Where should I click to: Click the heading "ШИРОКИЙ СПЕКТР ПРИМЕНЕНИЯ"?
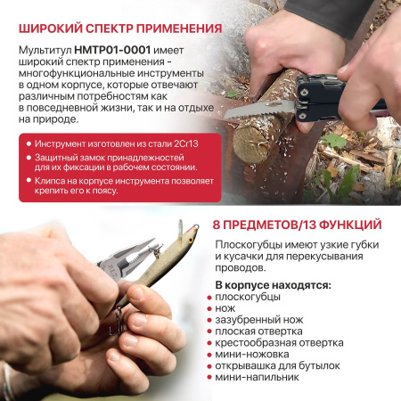tap(120, 29)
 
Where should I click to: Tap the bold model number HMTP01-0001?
tap(112, 50)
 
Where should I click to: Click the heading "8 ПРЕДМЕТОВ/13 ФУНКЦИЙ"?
tap(297, 225)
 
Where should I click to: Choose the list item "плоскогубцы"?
tap(248, 297)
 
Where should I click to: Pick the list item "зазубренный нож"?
tap(259, 320)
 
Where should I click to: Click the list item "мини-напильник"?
tap(257, 377)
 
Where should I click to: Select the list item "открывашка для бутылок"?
tap(277, 366)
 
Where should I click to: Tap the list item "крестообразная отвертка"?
tap(279, 343)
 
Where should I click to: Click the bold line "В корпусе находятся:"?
tap(273, 285)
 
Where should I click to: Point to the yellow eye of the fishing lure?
tap(191, 240)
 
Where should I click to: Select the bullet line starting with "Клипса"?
tap(124, 185)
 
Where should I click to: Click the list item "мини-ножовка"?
tap(252, 355)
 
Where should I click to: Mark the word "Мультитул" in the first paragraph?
tap(45, 51)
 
